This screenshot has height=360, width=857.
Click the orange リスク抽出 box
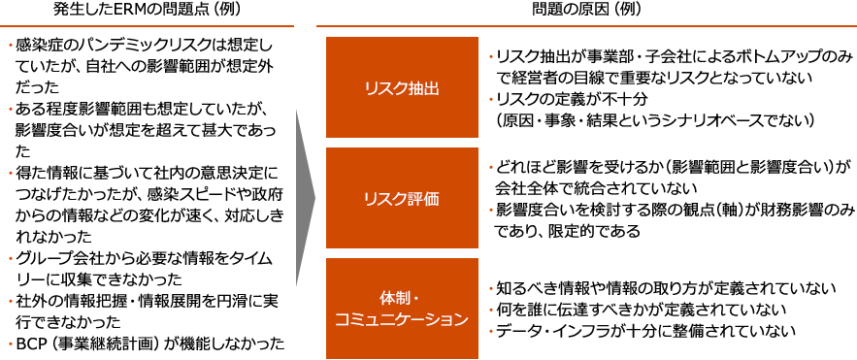(402, 87)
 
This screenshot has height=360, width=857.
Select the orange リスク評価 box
(402, 198)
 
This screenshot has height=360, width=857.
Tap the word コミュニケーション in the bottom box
(402, 319)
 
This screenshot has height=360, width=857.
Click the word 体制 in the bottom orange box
(392, 296)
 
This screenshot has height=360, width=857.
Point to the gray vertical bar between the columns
(305, 197)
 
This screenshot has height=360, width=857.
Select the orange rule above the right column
(585, 25)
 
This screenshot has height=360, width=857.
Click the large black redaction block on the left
(148, 194)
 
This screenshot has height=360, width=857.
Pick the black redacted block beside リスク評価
(675, 199)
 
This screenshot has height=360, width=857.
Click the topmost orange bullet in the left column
(11, 44)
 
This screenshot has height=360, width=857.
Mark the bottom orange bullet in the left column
(11, 343)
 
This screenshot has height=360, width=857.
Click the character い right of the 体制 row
(829, 288)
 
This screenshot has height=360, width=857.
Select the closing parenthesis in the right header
(637, 9)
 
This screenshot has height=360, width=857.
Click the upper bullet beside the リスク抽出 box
(491, 56)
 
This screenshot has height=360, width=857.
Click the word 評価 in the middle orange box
(424, 198)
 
